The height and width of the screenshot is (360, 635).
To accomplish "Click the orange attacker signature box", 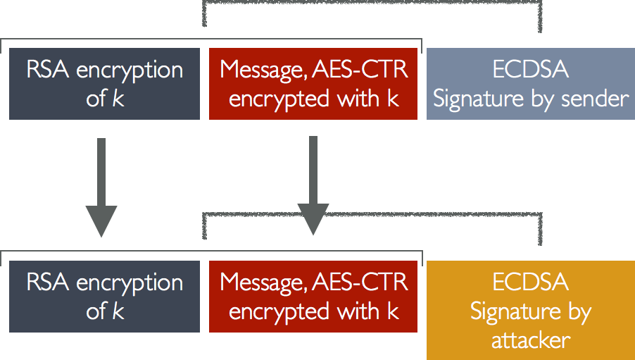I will pyautogui.click(x=530, y=311).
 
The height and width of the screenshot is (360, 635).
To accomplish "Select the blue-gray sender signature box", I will pyautogui.click(x=530, y=84).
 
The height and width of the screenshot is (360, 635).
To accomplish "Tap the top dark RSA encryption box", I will pyautogui.click(x=105, y=84).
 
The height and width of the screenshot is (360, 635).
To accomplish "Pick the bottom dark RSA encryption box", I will pyautogui.click(x=105, y=297).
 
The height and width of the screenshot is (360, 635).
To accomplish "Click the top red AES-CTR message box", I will pyautogui.click(x=313, y=84).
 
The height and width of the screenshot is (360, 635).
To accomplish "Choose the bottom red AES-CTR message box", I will pyautogui.click(x=313, y=297).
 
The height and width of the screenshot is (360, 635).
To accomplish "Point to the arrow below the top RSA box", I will pyautogui.click(x=101, y=187).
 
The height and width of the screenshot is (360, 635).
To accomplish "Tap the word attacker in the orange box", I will pyautogui.click(x=530, y=340).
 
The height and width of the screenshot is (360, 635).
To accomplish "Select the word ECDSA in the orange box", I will pyautogui.click(x=530, y=283).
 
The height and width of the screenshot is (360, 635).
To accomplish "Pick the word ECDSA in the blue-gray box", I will pyautogui.click(x=530, y=70).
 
